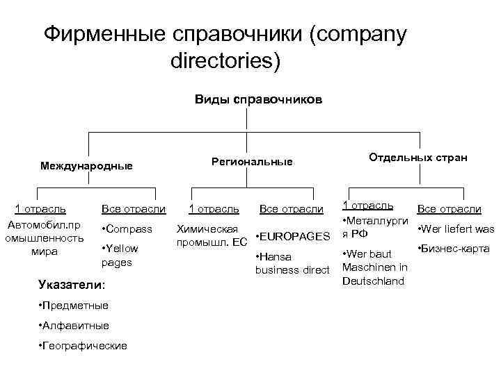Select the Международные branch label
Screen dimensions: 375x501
(86, 167)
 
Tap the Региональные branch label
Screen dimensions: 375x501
(251, 162)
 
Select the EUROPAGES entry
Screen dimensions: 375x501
(292, 237)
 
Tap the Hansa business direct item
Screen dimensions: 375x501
(291, 263)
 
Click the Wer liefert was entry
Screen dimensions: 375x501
(455, 229)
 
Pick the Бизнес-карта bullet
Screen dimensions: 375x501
(453, 249)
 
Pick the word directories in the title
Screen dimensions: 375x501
(225, 61)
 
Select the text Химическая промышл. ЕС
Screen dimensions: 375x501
(211, 235)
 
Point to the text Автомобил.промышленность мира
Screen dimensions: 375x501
(44, 238)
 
